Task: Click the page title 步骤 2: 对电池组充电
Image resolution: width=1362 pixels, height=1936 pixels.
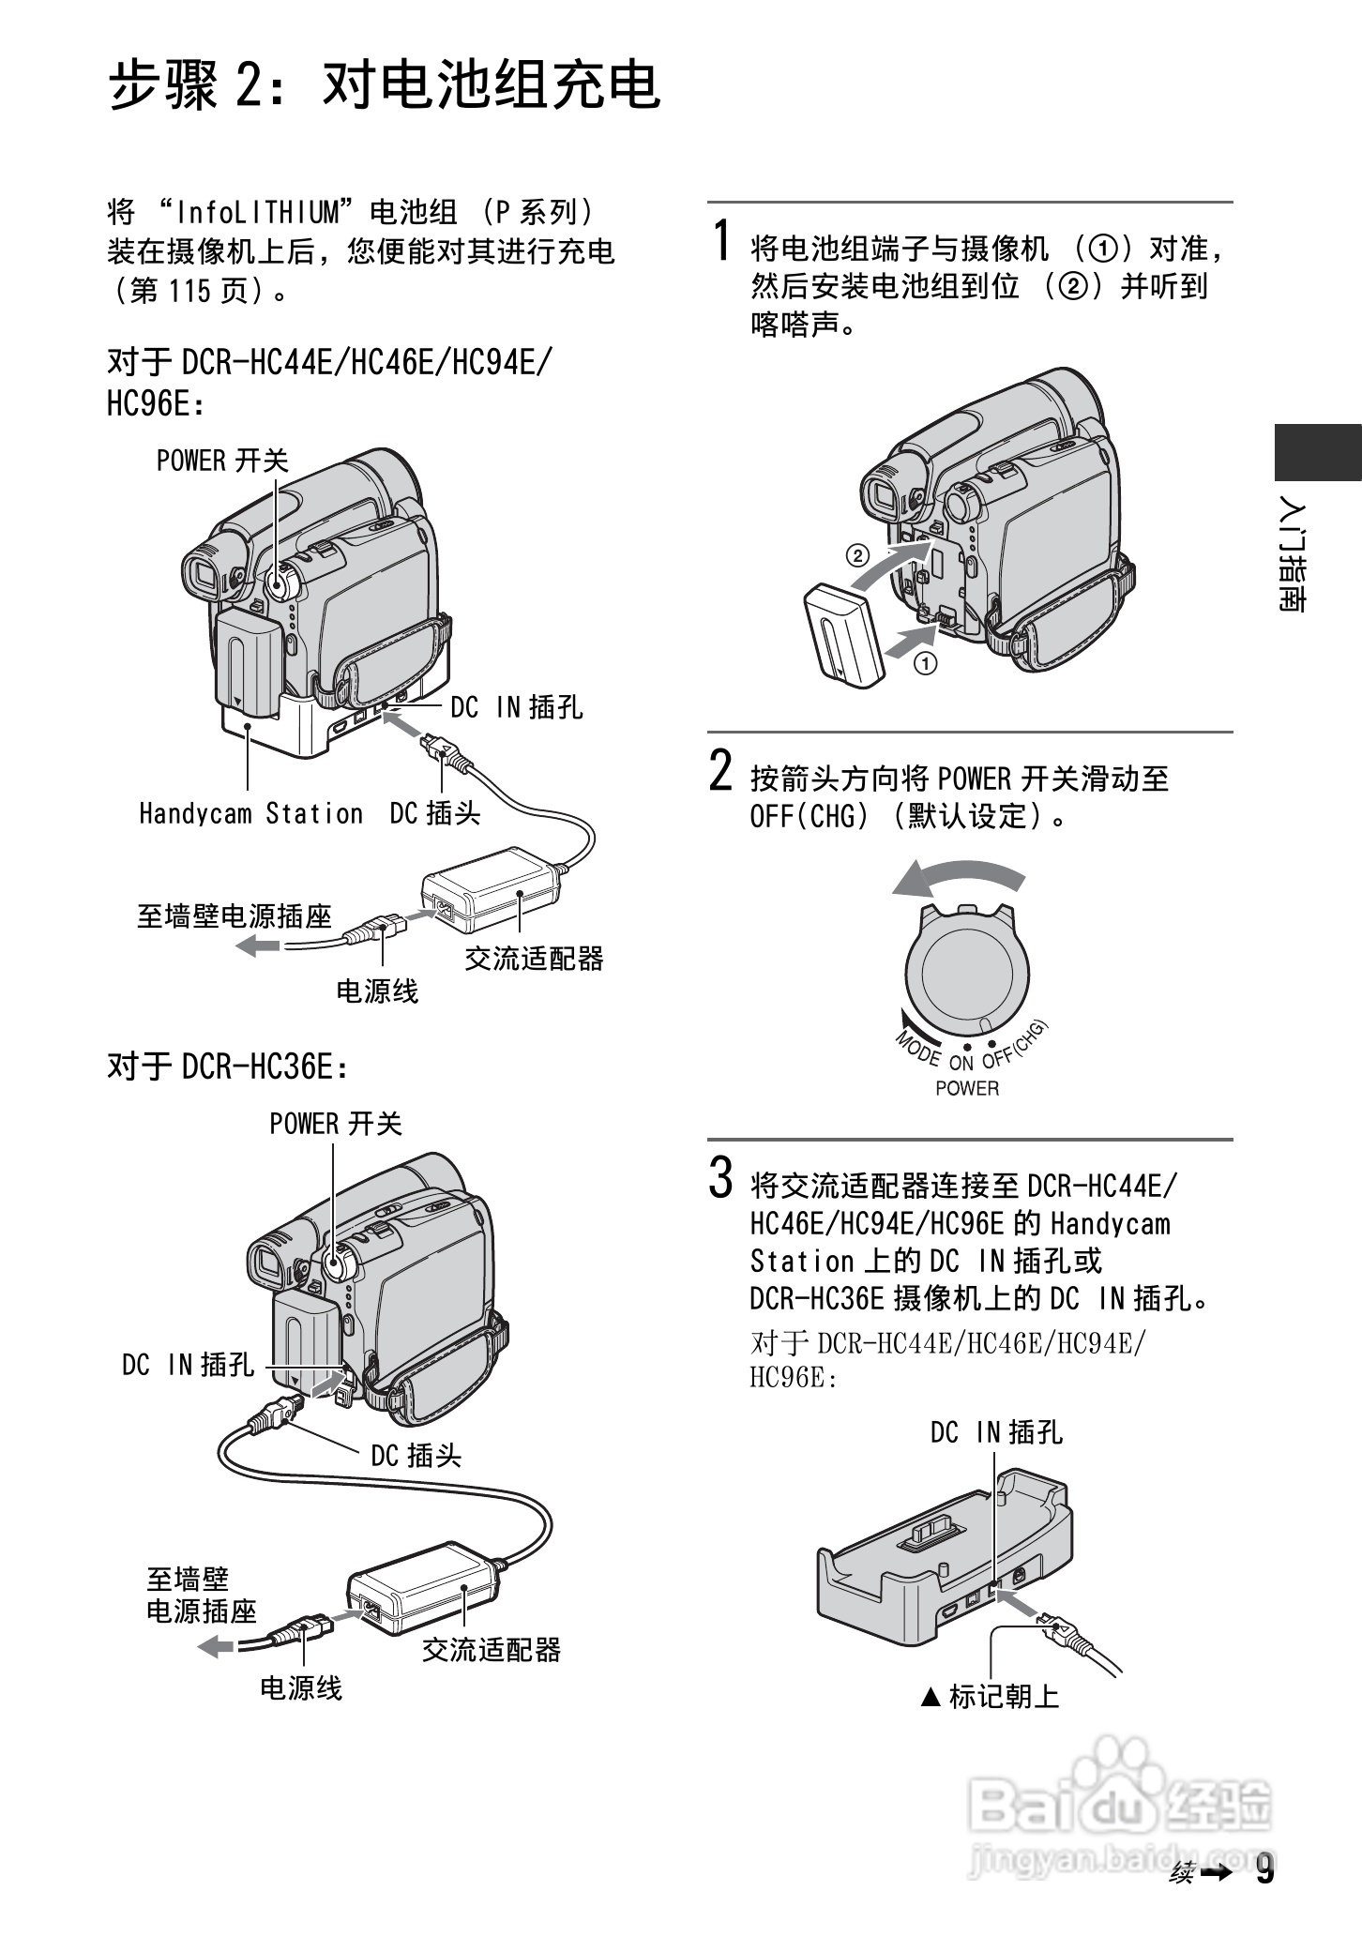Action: click(385, 86)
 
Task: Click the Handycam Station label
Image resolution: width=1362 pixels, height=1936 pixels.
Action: click(250, 813)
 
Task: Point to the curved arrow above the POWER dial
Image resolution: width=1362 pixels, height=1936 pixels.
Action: click(957, 879)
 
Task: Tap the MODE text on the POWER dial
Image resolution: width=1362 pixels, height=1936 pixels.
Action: click(918, 1048)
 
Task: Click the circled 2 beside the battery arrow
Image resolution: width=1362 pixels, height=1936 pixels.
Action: click(856, 554)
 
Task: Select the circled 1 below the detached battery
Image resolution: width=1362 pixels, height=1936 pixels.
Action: click(926, 663)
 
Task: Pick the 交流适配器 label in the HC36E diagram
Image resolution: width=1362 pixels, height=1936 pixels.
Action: click(491, 1649)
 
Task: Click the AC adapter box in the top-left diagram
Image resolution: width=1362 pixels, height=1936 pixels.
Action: click(488, 887)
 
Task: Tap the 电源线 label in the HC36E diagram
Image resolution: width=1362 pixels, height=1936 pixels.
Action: click(300, 1688)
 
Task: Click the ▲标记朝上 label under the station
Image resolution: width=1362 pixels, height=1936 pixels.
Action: click(991, 1696)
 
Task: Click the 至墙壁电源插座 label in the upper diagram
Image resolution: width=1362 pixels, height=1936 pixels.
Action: click(235, 915)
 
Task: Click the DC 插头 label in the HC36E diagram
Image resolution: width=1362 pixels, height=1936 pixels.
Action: click(416, 1456)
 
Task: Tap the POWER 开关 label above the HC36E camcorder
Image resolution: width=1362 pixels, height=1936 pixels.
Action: click(335, 1123)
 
